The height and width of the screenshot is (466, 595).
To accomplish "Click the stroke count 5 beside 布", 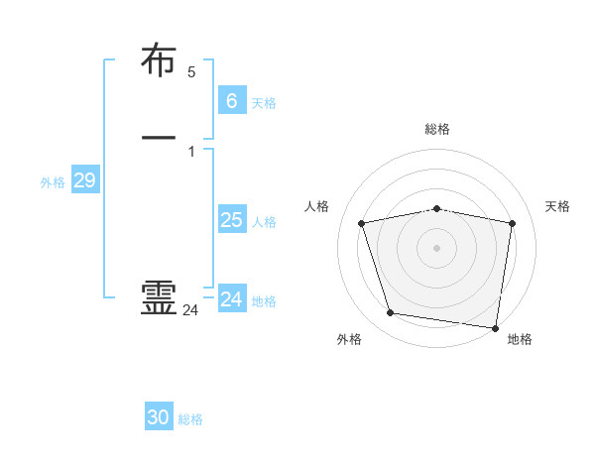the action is [x=191, y=72].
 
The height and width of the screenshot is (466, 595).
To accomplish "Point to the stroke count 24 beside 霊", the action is [x=190, y=310].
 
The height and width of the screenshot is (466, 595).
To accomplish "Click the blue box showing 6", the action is [x=231, y=100].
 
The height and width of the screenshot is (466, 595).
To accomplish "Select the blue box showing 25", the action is [x=231, y=220].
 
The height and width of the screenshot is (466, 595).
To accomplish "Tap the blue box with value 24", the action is [x=231, y=298].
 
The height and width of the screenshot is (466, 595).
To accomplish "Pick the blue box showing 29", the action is [x=84, y=180].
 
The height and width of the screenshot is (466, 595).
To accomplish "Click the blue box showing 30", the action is [x=159, y=417].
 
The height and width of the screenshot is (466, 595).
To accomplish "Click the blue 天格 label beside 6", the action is [x=264, y=103].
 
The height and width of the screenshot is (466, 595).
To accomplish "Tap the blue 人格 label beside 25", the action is [x=265, y=222].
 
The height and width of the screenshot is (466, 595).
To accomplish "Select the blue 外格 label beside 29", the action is [x=53, y=182].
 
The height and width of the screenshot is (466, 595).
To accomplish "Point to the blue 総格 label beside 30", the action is [x=190, y=419].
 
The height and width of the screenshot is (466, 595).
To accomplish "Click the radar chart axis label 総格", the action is [x=436, y=129].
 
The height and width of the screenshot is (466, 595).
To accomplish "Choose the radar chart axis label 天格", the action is [x=558, y=206].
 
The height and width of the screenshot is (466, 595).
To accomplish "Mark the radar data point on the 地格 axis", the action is [x=495, y=327].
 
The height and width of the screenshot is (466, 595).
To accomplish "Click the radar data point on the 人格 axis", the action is [x=362, y=223].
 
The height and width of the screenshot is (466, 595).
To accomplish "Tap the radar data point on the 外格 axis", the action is [x=391, y=313].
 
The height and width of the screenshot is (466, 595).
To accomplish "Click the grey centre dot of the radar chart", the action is [x=436, y=247].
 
